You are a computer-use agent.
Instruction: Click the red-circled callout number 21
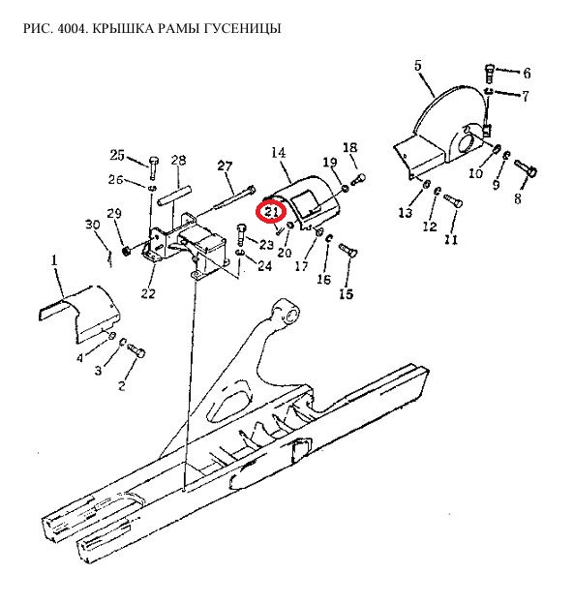click(x=271, y=211)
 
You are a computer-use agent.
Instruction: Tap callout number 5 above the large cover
click(x=418, y=65)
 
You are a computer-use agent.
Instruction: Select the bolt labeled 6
click(x=489, y=74)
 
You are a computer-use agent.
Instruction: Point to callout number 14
click(x=278, y=153)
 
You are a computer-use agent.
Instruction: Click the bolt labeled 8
click(x=526, y=167)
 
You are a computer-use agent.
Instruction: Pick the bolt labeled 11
click(x=453, y=200)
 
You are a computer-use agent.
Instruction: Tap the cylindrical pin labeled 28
click(x=174, y=196)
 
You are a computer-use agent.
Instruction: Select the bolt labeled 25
click(x=154, y=166)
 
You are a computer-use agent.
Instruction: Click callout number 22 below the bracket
click(x=148, y=293)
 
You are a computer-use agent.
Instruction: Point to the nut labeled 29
click(x=126, y=251)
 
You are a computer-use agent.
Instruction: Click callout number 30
click(x=93, y=225)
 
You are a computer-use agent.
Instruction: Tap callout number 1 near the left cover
click(x=54, y=260)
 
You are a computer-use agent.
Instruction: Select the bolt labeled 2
click(x=136, y=350)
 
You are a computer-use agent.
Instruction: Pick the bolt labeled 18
click(x=358, y=179)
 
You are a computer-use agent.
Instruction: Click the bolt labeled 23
click(x=240, y=234)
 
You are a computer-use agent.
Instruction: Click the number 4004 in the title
click(x=71, y=28)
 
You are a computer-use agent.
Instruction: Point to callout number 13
click(x=405, y=213)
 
